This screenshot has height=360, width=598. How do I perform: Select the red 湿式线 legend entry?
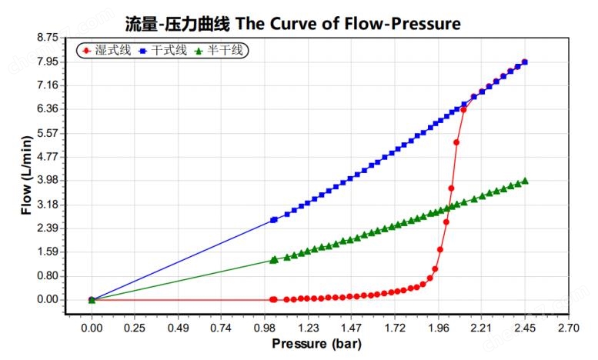105,51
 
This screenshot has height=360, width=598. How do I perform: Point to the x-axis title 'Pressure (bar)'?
316,344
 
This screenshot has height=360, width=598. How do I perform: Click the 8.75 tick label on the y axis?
47,37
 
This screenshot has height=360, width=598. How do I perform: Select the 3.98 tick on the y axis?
47,180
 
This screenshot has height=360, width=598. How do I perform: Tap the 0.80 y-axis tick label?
47,275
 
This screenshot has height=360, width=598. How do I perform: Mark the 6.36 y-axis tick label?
47,108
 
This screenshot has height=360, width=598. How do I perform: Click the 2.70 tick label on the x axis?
568,328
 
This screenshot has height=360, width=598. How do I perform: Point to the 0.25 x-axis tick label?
135,328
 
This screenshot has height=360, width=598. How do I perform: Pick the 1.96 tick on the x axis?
438,328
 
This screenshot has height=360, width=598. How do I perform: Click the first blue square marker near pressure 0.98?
274,220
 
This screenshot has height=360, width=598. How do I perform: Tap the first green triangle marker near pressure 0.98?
274,260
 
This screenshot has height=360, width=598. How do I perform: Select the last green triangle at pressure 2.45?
524,182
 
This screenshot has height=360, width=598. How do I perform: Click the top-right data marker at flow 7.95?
524,62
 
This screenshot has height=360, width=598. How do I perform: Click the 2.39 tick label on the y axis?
47,228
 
